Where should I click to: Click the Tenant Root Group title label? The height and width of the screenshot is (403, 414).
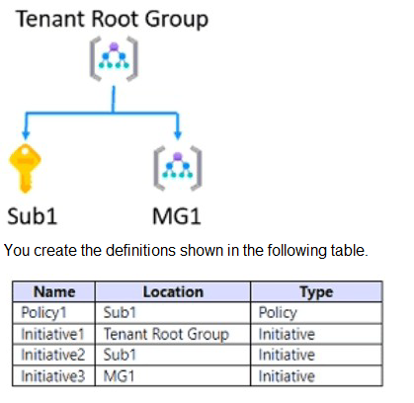[112, 19]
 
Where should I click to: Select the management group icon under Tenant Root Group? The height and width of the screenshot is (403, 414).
[114, 58]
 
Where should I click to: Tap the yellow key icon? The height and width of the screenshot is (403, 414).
[25, 168]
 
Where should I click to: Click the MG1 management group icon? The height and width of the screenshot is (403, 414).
[178, 168]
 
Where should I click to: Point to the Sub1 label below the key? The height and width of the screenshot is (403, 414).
[33, 216]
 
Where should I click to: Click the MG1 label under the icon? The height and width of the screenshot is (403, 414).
[177, 216]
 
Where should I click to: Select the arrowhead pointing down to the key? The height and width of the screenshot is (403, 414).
[26, 134]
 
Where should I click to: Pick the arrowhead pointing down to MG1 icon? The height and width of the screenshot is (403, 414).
[178, 134]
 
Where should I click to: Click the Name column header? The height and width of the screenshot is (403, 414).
[54, 291]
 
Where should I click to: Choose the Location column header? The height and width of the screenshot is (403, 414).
[173, 291]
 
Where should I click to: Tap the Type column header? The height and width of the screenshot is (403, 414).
[316, 291]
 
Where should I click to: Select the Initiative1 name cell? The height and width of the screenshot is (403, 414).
[52, 334]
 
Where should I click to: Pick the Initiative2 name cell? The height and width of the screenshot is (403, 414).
[53, 355]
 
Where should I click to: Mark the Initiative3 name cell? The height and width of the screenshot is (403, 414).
[53, 376]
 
